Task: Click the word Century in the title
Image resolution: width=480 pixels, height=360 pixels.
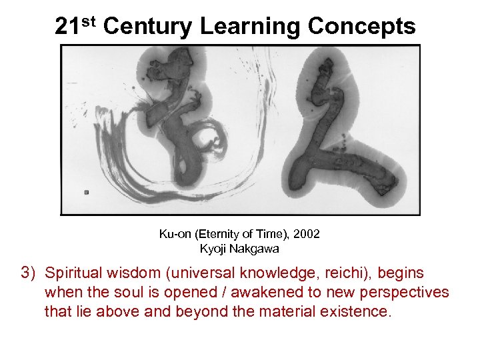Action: pos(149,27)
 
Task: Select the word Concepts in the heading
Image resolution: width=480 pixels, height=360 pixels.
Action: pos(362,27)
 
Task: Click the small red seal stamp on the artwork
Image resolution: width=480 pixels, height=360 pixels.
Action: pos(87,192)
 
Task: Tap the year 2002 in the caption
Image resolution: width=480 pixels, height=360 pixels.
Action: pos(305,234)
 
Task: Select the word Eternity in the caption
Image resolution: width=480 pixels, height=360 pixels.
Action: pos(222,234)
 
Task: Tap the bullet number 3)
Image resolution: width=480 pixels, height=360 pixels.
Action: pos(29,273)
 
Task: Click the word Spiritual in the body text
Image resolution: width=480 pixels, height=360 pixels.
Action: pos(73,273)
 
